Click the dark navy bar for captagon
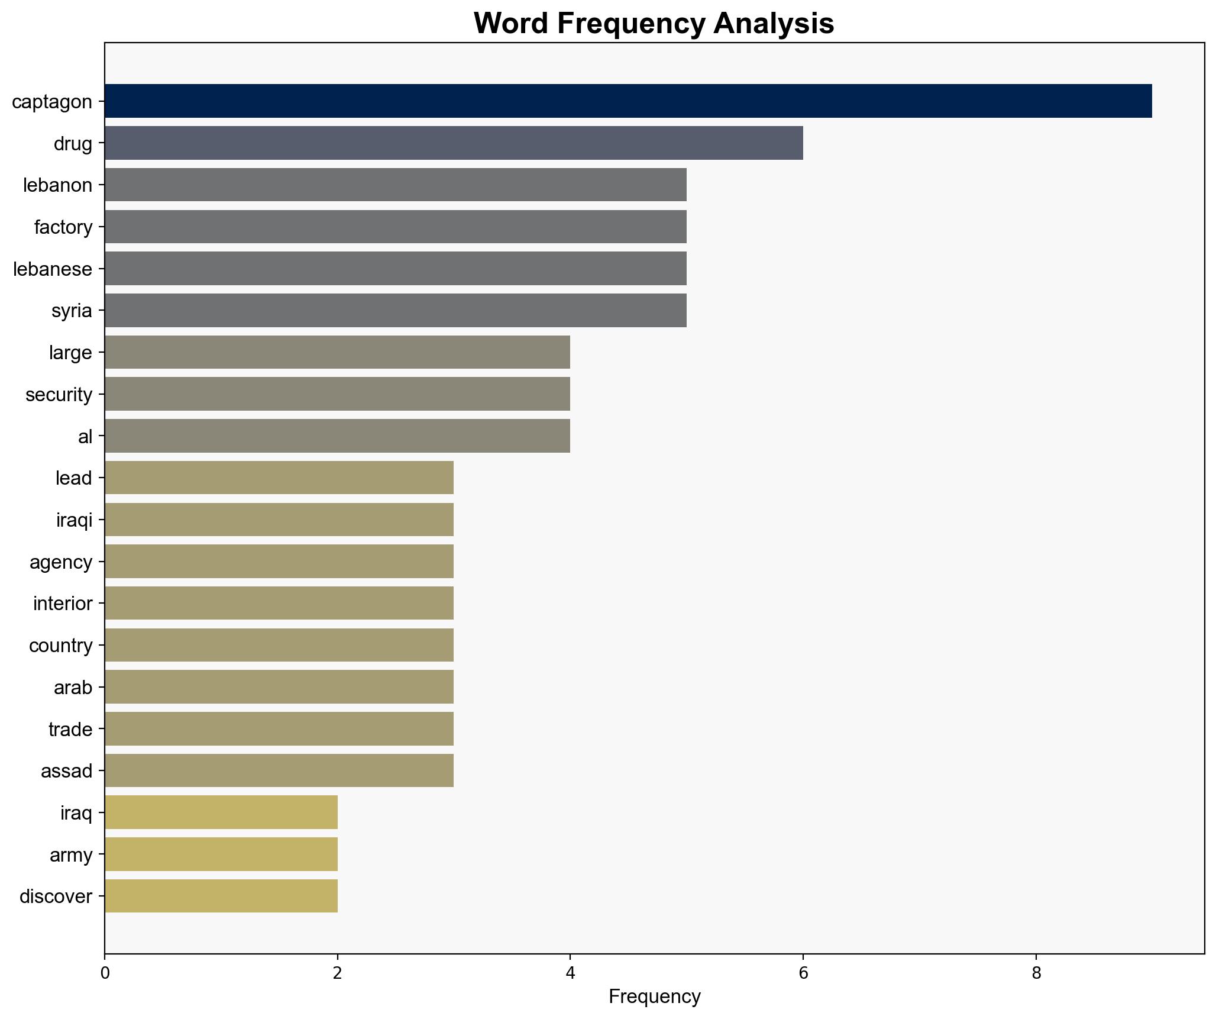click(628, 101)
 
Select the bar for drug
click(454, 143)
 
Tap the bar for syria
click(396, 311)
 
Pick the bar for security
click(337, 394)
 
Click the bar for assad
click(279, 770)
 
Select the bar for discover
click(221, 896)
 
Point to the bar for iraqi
click(279, 520)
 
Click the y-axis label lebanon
click(58, 186)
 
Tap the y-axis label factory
click(63, 227)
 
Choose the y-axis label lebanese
click(53, 269)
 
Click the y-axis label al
click(85, 437)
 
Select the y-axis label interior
click(63, 604)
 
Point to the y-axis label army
click(71, 855)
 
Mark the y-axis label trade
click(70, 730)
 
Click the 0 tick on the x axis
click(105, 973)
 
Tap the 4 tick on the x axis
click(570, 973)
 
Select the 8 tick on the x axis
click(1036, 973)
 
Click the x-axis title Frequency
click(654, 997)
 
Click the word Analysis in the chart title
click(774, 24)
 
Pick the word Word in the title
click(512, 24)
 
